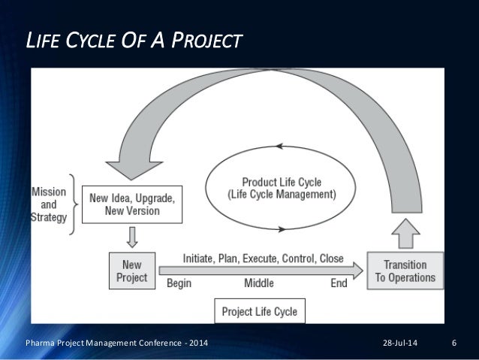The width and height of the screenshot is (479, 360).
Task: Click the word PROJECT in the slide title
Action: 207,40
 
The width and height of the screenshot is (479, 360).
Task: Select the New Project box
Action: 131,271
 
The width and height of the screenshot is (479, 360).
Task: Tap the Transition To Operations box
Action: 405,271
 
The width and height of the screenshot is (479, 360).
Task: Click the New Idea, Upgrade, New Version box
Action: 132,204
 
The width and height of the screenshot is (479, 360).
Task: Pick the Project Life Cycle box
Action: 259,310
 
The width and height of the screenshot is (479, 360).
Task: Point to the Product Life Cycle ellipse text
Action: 279,187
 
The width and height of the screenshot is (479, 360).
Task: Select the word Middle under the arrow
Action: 259,283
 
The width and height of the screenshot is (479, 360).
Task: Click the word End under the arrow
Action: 339,283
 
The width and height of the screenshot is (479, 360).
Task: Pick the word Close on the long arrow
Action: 331,259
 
